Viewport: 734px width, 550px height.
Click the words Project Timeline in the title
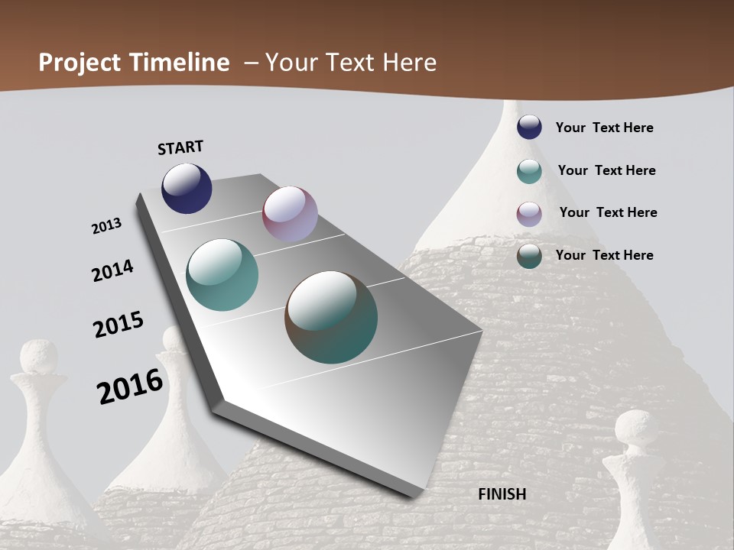134,63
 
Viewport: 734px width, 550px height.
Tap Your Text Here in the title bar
351,63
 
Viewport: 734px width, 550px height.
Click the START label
180,147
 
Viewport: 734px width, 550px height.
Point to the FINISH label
502,494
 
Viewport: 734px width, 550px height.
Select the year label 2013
107,226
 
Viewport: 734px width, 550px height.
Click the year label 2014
113,270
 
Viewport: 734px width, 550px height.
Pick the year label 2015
119,325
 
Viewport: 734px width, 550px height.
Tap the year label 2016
130,386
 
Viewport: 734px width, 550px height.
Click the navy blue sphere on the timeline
187,188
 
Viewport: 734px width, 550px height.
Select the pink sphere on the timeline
290,214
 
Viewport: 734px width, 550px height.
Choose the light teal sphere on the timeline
222,275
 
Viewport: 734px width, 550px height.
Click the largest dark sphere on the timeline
331,317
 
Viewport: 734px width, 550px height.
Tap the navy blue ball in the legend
529,127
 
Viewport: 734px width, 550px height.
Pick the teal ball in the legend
529,171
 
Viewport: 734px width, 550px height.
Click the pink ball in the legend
529,214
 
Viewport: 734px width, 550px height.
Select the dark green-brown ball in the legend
529,256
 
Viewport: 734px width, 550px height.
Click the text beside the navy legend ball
604,128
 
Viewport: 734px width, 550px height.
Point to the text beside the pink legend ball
608,212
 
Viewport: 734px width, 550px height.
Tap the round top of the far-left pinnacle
38,357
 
